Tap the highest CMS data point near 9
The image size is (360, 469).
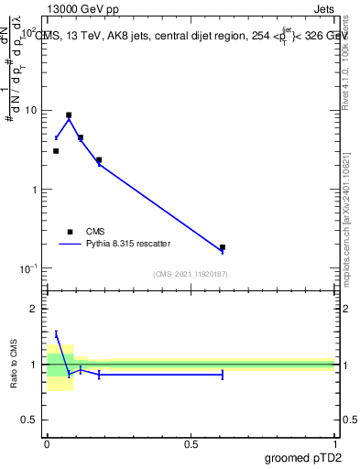coord(69,115)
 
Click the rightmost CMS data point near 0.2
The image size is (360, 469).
coord(223,247)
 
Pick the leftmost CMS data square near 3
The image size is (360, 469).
coord(56,151)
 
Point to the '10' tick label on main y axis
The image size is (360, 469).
coord(31,111)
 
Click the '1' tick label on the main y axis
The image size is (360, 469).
coord(34,190)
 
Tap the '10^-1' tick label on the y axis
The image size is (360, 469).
coord(29,268)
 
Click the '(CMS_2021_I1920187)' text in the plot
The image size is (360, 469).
coord(190,274)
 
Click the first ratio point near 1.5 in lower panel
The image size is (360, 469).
coord(56,334)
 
